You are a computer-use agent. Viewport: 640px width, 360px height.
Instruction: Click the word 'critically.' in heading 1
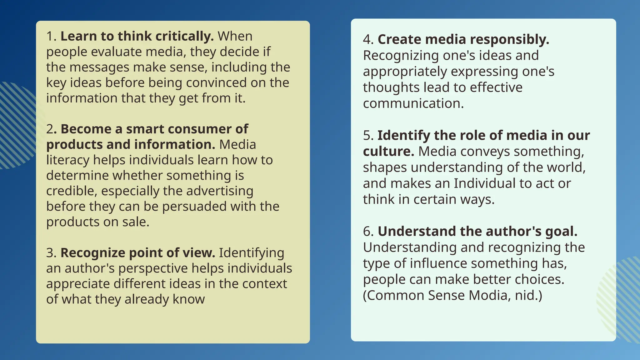(x=184, y=37)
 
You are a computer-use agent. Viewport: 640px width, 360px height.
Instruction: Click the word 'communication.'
(x=413, y=103)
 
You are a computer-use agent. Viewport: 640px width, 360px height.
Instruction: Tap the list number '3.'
(x=51, y=253)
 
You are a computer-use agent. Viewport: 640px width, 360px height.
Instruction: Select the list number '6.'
(x=368, y=232)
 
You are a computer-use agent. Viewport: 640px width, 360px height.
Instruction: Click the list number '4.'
(x=368, y=40)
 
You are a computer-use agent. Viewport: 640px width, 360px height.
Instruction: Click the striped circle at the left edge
(x=16, y=125)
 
